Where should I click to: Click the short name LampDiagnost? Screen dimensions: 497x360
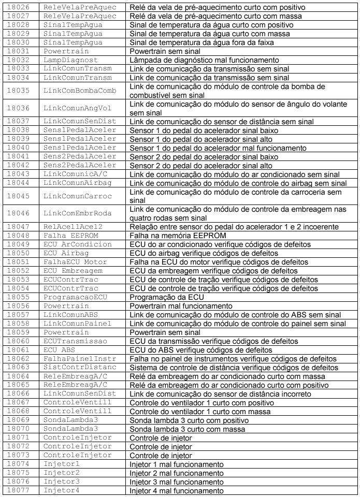(x=70, y=60)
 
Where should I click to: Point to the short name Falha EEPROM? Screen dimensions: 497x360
(x=67, y=236)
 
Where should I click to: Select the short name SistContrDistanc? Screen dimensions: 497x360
(x=79, y=368)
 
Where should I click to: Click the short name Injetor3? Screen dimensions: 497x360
(x=61, y=483)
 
